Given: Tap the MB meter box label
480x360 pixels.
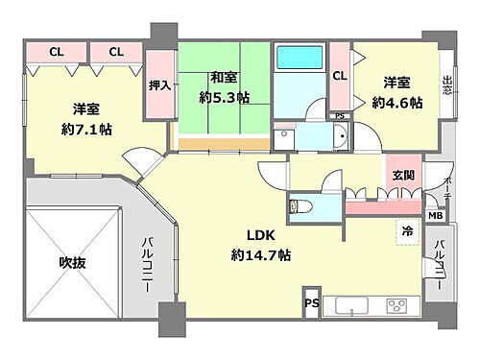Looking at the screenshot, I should [x=434, y=217].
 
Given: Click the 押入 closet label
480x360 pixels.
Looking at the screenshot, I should [x=159, y=85].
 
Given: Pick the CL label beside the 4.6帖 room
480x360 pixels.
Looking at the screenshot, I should [x=340, y=75].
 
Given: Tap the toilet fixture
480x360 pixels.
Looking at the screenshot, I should [x=299, y=205].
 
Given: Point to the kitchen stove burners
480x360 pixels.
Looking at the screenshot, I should [x=395, y=308].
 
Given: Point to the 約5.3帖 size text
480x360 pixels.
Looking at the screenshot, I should [x=225, y=97].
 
